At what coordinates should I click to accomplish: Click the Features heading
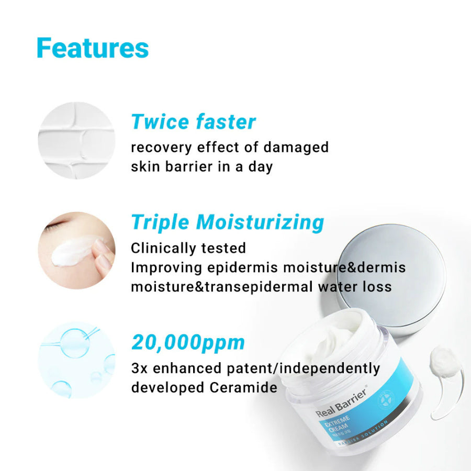tap(93, 48)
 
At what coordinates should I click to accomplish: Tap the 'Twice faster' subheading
tap(193, 122)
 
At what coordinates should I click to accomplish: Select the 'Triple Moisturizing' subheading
tap(227, 222)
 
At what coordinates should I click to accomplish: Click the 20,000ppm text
tap(188, 342)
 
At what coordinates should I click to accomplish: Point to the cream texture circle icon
tap(76, 140)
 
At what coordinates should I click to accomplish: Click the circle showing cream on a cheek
tap(76, 250)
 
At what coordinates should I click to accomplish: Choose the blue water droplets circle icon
tap(76, 360)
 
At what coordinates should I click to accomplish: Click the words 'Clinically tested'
tap(188, 248)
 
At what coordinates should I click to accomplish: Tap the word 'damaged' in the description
tap(296, 148)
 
